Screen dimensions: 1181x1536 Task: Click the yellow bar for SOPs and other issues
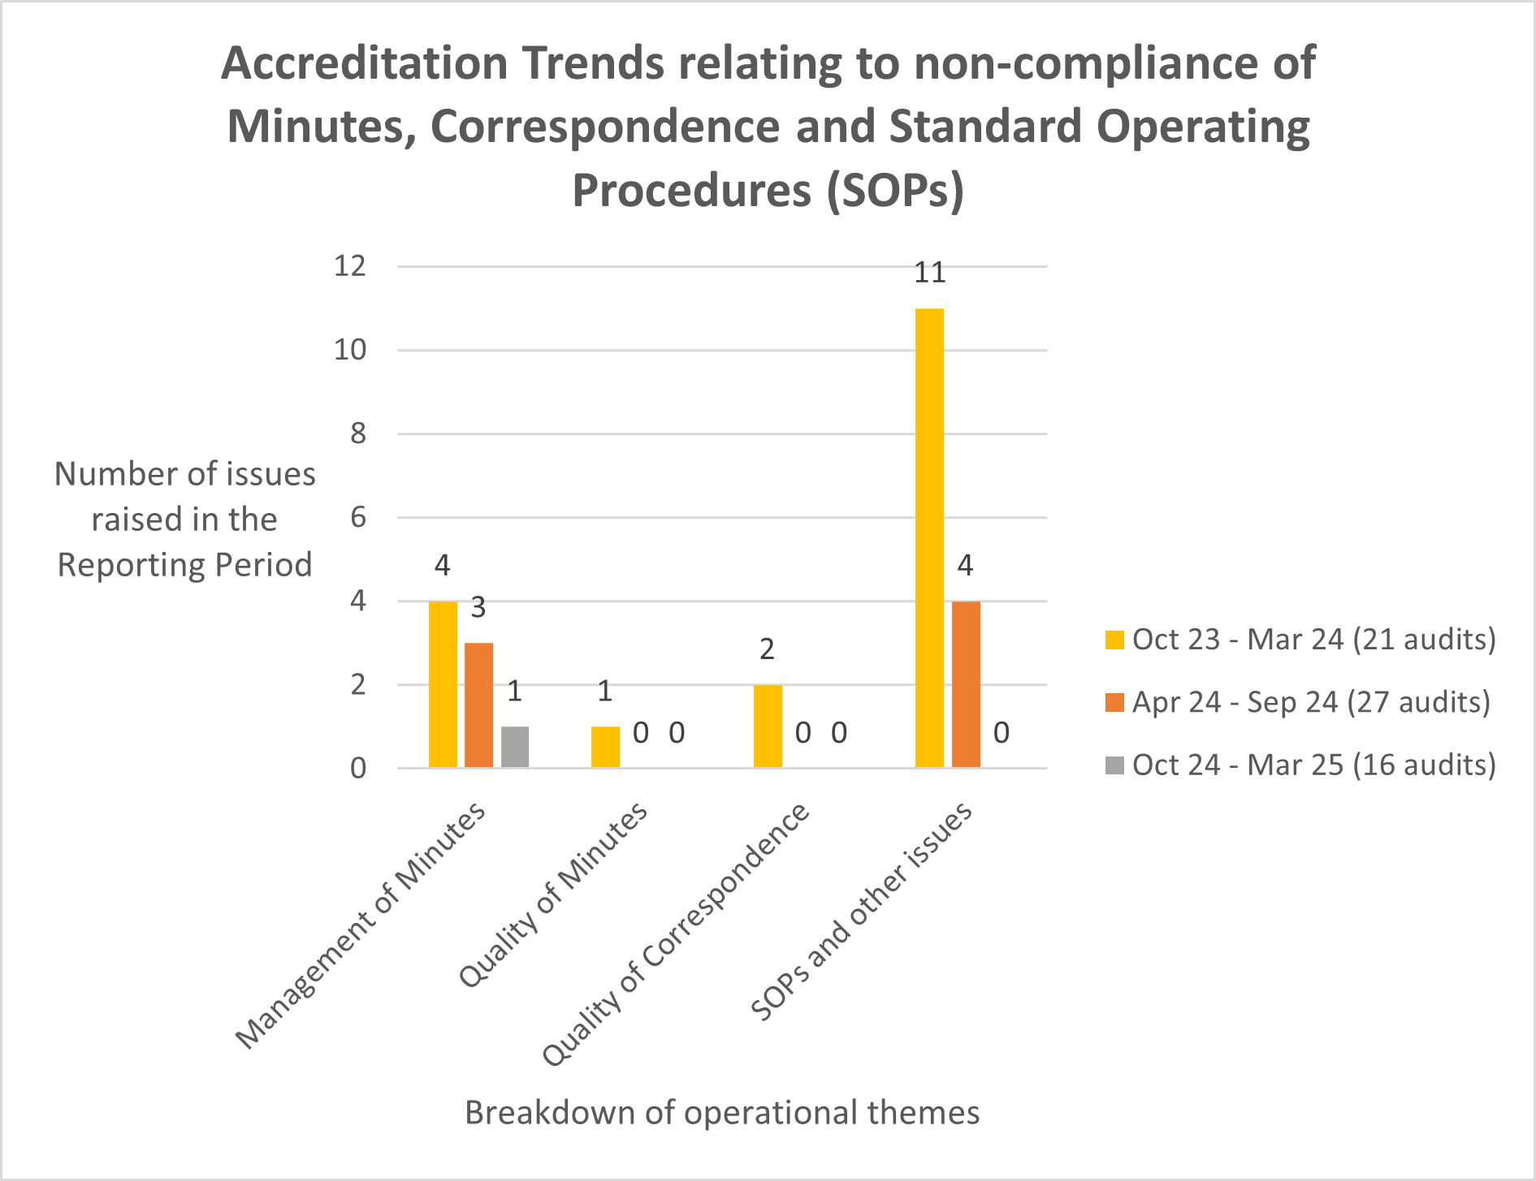coord(929,538)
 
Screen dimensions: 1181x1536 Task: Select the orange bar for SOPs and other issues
coord(966,684)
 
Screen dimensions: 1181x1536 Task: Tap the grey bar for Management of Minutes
coord(515,747)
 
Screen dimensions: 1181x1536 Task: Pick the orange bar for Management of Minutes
coord(478,705)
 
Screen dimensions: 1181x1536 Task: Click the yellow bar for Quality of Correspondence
coord(768,726)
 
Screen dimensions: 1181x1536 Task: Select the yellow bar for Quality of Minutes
coord(605,747)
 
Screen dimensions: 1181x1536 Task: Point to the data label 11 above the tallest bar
coord(930,273)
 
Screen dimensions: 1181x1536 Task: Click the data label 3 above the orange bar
coord(478,607)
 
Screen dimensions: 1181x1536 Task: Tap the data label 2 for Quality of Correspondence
coord(767,649)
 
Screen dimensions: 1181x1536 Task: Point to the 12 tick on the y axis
coord(350,265)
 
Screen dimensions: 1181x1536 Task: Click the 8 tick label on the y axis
coord(358,433)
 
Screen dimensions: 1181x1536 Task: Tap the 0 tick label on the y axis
coord(358,769)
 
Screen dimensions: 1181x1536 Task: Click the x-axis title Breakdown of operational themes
coord(722,1113)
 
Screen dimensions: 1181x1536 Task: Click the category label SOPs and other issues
coord(861,911)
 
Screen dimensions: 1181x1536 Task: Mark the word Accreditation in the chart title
coord(364,63)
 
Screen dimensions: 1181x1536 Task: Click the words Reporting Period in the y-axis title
coord(184,565)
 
